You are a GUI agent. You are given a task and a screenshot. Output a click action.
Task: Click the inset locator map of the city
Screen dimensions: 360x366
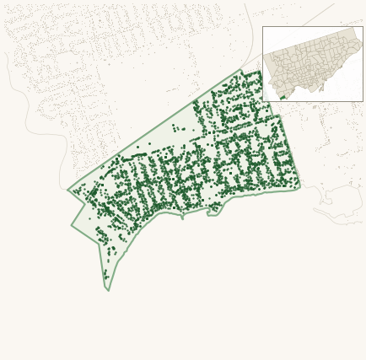pos(312,63)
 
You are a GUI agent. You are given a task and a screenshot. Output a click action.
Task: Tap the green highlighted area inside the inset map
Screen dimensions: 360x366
pos(283,96)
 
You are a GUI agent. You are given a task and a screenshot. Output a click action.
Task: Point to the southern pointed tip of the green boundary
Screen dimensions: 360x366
pos(108,289)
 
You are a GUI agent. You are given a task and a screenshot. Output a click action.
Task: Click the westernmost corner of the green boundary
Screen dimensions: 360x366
pos(68,190)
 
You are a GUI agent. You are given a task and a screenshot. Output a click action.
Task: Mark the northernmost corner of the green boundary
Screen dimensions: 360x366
pos(241,70)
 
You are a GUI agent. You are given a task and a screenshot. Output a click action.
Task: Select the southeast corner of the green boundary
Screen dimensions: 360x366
pos(299,187)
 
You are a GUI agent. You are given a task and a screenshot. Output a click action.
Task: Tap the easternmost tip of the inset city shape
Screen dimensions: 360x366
pos(361,42)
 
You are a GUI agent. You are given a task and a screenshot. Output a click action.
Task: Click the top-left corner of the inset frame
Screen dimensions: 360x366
pos(263,27)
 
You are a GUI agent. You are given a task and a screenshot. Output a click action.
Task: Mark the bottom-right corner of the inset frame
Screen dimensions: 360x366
pos(362,100)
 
